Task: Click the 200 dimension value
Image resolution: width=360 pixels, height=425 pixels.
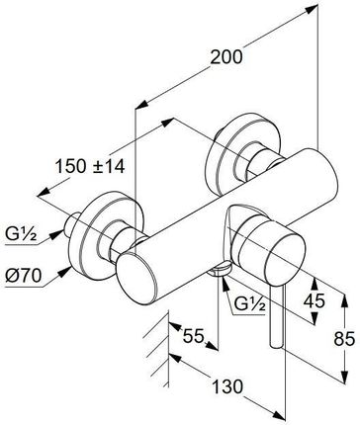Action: coord(226,56)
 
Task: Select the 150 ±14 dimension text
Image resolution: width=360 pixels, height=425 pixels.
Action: coord(90,166)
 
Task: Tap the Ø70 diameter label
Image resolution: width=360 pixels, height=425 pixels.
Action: coord(24,276)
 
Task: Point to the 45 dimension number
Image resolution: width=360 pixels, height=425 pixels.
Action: coord(315,300)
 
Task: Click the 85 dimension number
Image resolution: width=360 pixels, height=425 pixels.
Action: coord(344,338)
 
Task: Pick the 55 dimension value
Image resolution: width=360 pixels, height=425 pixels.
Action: coord(194,337)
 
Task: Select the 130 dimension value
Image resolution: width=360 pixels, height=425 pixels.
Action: coord(226,386)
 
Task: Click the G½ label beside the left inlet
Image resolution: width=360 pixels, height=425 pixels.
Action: coord(21,235)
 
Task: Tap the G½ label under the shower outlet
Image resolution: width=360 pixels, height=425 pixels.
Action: coord(249,305)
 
